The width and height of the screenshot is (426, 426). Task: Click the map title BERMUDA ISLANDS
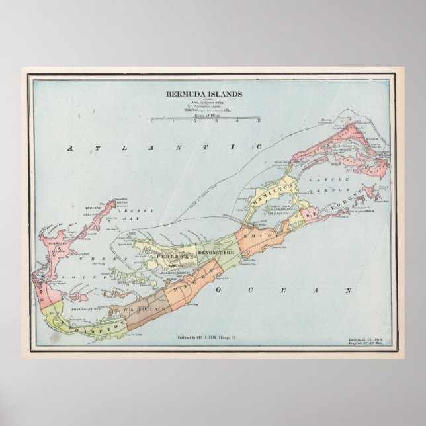tap(204, 94)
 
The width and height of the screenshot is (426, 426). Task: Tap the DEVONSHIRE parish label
tap(216, 252)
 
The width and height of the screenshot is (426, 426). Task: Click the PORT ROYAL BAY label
tap(86, 308)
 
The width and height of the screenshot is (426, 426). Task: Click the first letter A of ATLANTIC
tap(69, 149)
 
